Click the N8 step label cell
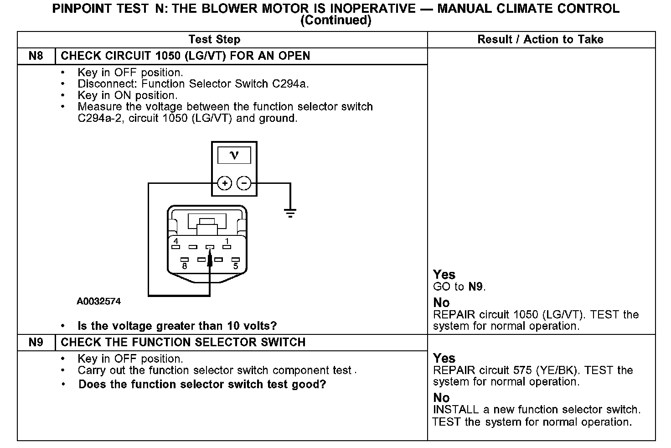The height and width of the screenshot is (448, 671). pos(36,56)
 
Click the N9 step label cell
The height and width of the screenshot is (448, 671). pos(36,343)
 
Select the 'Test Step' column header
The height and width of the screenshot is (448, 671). pos(214,40)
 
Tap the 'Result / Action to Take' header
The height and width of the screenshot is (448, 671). pos(540,40)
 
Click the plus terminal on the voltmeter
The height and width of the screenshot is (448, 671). pos(224,183)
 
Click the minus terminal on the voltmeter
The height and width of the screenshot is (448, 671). pos(244,183)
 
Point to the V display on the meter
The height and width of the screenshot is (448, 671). pos(234,156)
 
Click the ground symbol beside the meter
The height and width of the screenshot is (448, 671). pos(290,213)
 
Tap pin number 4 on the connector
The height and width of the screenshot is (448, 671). pos(176,241)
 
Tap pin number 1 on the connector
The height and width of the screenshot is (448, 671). pos(227,241)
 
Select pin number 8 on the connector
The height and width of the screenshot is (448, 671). pos(184,266)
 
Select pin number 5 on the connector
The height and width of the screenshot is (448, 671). pos(236,266)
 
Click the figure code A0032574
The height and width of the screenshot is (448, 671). pos(99,302)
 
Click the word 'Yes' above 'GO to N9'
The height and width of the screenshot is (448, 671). pos(444,275)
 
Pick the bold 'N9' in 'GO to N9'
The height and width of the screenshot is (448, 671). pos(476,287)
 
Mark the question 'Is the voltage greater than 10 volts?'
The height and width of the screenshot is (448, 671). pos(177,326)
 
